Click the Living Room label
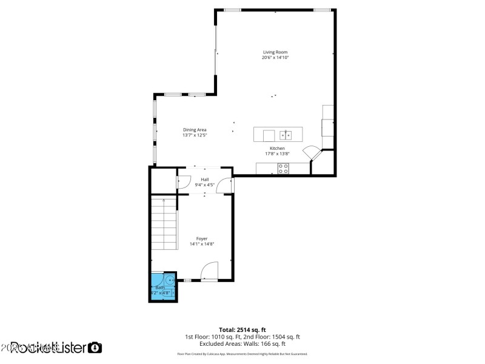click(275, 52)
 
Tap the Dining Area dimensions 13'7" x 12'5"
click(195, 135)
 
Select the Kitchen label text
click(277, 149)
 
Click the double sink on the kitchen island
click(286, 135)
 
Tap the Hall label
click(205, 180)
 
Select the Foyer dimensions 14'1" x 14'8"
click(202, 244)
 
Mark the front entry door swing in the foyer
click(209, 269)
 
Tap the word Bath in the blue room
click(159, 288)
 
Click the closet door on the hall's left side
click(182, 182)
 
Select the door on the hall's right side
click(224, 186)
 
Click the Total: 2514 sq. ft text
click(242, 329)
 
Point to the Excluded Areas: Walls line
click(242, 343)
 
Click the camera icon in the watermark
click(95, 348)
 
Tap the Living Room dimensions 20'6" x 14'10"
click(275, 58)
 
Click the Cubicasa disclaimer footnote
click(242, 354)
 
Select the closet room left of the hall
click(162, 181)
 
